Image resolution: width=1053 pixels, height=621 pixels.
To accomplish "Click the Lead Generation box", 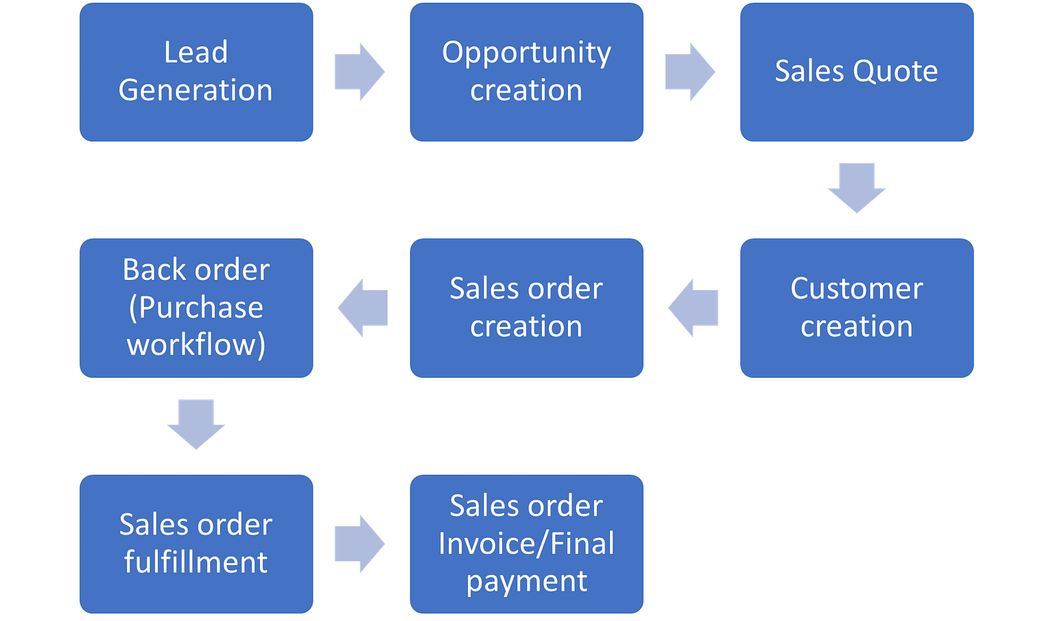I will pyautogui.click(x=196, y=72).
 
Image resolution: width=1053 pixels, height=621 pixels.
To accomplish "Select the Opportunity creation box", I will pyautogui.click(x=526, y=72).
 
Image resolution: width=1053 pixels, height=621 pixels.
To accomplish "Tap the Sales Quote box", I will pyautogui.click(x=857, y=72).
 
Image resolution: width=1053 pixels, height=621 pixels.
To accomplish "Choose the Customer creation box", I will pyautogui.click(x=857, y=307).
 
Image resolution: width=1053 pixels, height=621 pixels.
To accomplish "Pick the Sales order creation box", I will pyautogui.click(x=526, y=307).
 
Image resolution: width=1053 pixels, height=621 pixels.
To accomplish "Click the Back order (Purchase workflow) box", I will pyautogui.click(x=196, y=307).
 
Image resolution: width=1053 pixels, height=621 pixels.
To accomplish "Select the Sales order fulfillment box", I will pyautogui.click(x=196, y=543).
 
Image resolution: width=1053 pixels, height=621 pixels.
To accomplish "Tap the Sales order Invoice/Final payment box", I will pyautogui.click(x=526, y=543).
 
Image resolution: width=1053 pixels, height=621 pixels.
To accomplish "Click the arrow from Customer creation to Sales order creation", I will pyautogui.click(x=693, y=307).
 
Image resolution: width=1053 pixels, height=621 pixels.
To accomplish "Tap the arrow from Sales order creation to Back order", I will pyautogui.click(x=363, y=307).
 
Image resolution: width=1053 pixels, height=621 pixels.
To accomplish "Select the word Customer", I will pyautogui.click(x=857, y=289).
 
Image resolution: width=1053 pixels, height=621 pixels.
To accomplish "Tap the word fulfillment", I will pyautogui.click(x=196, y=562).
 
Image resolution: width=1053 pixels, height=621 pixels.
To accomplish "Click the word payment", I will pyautogui.click(x=526, y=581).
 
